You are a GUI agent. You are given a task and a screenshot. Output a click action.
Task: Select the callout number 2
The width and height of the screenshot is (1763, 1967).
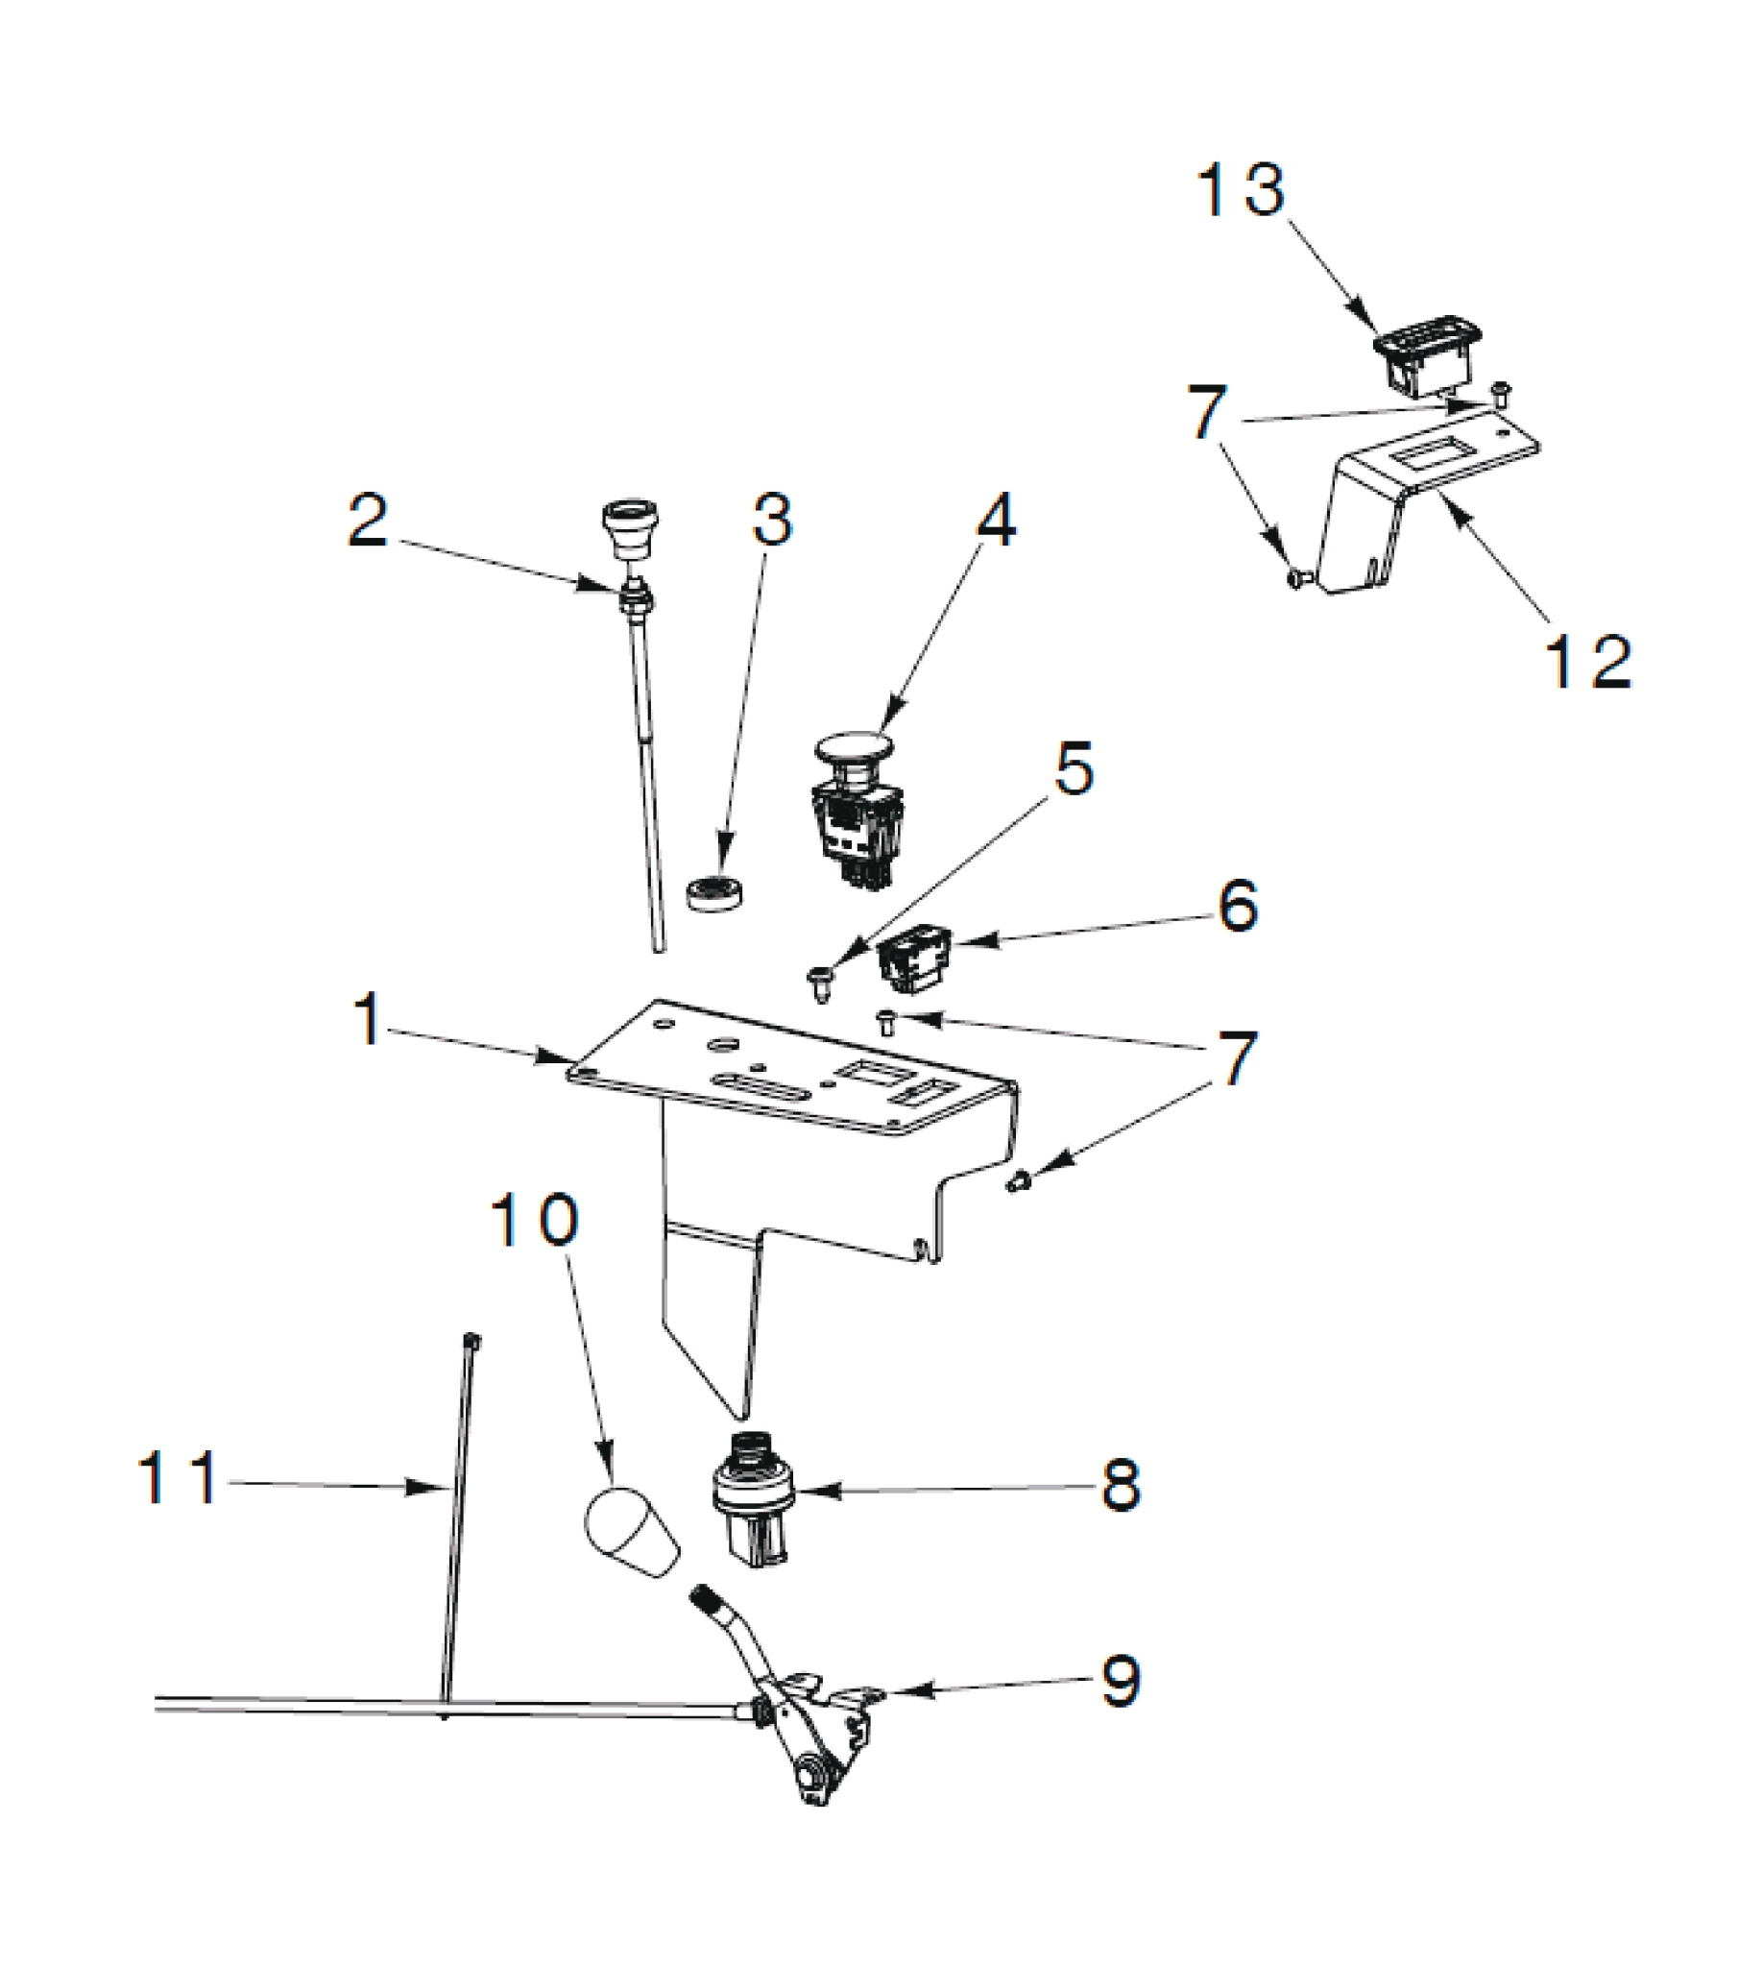click(x=368, y=522)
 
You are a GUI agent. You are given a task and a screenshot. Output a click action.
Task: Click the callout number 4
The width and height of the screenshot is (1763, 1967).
click(x=996, y=522)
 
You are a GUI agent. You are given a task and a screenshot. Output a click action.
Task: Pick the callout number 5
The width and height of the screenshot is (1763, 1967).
click(x=1074, y=769)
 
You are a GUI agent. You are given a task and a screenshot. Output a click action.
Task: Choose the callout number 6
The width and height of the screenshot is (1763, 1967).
click(x=1238, y=907)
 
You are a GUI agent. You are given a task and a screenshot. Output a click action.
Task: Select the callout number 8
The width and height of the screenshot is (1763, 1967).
click(x=1121, y=1485)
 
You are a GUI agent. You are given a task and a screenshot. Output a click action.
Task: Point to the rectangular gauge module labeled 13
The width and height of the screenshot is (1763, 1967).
click(x=1425, y=355)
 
